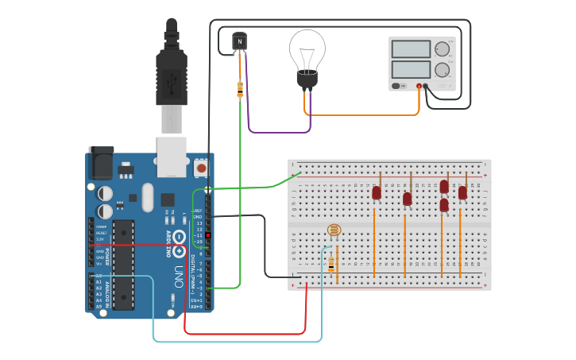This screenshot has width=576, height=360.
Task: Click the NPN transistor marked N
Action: click(x=240, y=41)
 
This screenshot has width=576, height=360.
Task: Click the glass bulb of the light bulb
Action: click(x=307, y=48)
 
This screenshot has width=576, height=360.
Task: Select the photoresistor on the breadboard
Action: click(x=334, y=231)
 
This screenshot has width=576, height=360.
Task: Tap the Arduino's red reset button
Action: click(x=201, y=168)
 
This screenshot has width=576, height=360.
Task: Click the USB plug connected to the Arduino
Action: click(x=172, y=75)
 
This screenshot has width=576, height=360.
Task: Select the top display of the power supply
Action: click(x=411, y=49)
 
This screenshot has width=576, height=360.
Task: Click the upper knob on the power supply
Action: click(x=442, y=49)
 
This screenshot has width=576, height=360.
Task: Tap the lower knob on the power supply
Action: click(x=442, y=69)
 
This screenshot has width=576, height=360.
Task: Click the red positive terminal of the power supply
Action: click(x=419, y=86)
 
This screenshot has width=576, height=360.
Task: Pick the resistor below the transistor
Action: click(x=240, y=89)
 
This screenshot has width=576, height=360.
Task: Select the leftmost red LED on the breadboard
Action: click(x=377, y=192)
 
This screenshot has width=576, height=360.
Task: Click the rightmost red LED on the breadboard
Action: click(x=462, y=192)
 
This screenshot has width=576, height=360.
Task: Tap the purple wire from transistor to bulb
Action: click(x=270, y=131)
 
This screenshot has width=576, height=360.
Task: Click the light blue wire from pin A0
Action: click(x=238, y=342)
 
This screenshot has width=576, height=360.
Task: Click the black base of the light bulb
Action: click(x=307, y=79)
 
